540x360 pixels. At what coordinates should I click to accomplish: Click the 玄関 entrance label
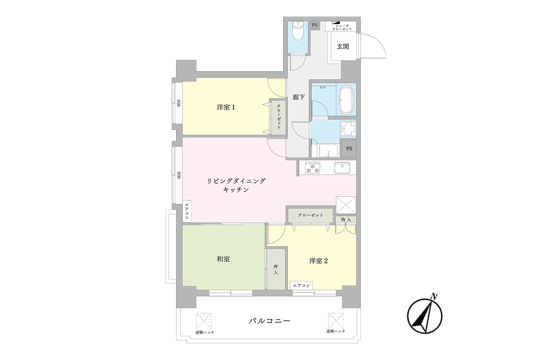342,46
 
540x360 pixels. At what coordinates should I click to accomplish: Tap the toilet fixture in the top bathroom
298,31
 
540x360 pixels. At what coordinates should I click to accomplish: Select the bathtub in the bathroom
346,99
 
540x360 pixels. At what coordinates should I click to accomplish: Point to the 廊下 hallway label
299,97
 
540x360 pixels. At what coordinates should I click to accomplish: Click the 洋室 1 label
225,107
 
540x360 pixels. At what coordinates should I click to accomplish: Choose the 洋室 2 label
319,261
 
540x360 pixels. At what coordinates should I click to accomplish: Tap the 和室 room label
223,259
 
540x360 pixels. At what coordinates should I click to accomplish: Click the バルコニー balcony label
270,321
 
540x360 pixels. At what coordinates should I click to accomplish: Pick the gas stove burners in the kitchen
312,167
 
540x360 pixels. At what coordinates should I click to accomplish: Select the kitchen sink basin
342,167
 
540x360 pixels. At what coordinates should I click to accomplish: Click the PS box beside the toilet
314,25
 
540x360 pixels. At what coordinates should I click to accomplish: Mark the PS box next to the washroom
349,149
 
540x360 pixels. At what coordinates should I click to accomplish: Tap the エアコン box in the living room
187,211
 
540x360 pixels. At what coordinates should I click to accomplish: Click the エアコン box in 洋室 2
301,285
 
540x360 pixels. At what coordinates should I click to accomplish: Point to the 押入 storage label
275,270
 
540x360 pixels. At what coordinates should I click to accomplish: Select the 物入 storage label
346,220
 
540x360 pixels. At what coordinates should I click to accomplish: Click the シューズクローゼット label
342,27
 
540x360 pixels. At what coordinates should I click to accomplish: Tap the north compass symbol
425,315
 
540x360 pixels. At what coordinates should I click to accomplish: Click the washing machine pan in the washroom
348,128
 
